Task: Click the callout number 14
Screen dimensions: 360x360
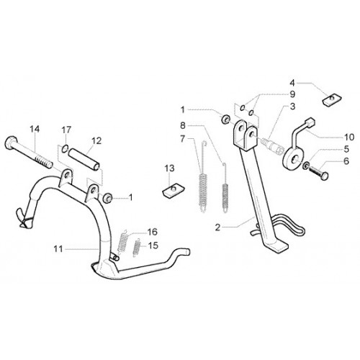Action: coord(35,129)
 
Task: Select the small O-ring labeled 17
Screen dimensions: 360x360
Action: coord(65,149)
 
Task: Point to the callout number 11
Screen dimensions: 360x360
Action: coord(58,249)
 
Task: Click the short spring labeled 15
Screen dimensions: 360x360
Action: coord(137,248)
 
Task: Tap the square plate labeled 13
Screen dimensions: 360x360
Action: coord(173,189)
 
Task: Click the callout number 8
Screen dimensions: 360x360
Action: coord(183,125)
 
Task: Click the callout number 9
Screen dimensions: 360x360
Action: coord(292,94)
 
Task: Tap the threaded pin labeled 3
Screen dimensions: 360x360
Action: coord(272,145)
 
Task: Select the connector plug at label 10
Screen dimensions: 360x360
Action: coord(310,122)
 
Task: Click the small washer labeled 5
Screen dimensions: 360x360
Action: coord(306,166)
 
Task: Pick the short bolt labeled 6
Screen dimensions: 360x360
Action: coord(318,172)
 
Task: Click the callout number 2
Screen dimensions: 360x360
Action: coord(217,227)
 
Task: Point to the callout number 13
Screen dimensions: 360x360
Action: coord(169,168)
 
